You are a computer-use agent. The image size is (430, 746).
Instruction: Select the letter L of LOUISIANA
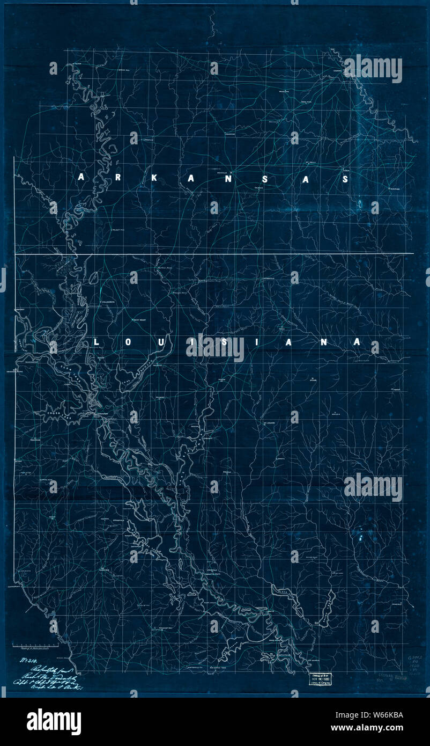coord(97,342)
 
